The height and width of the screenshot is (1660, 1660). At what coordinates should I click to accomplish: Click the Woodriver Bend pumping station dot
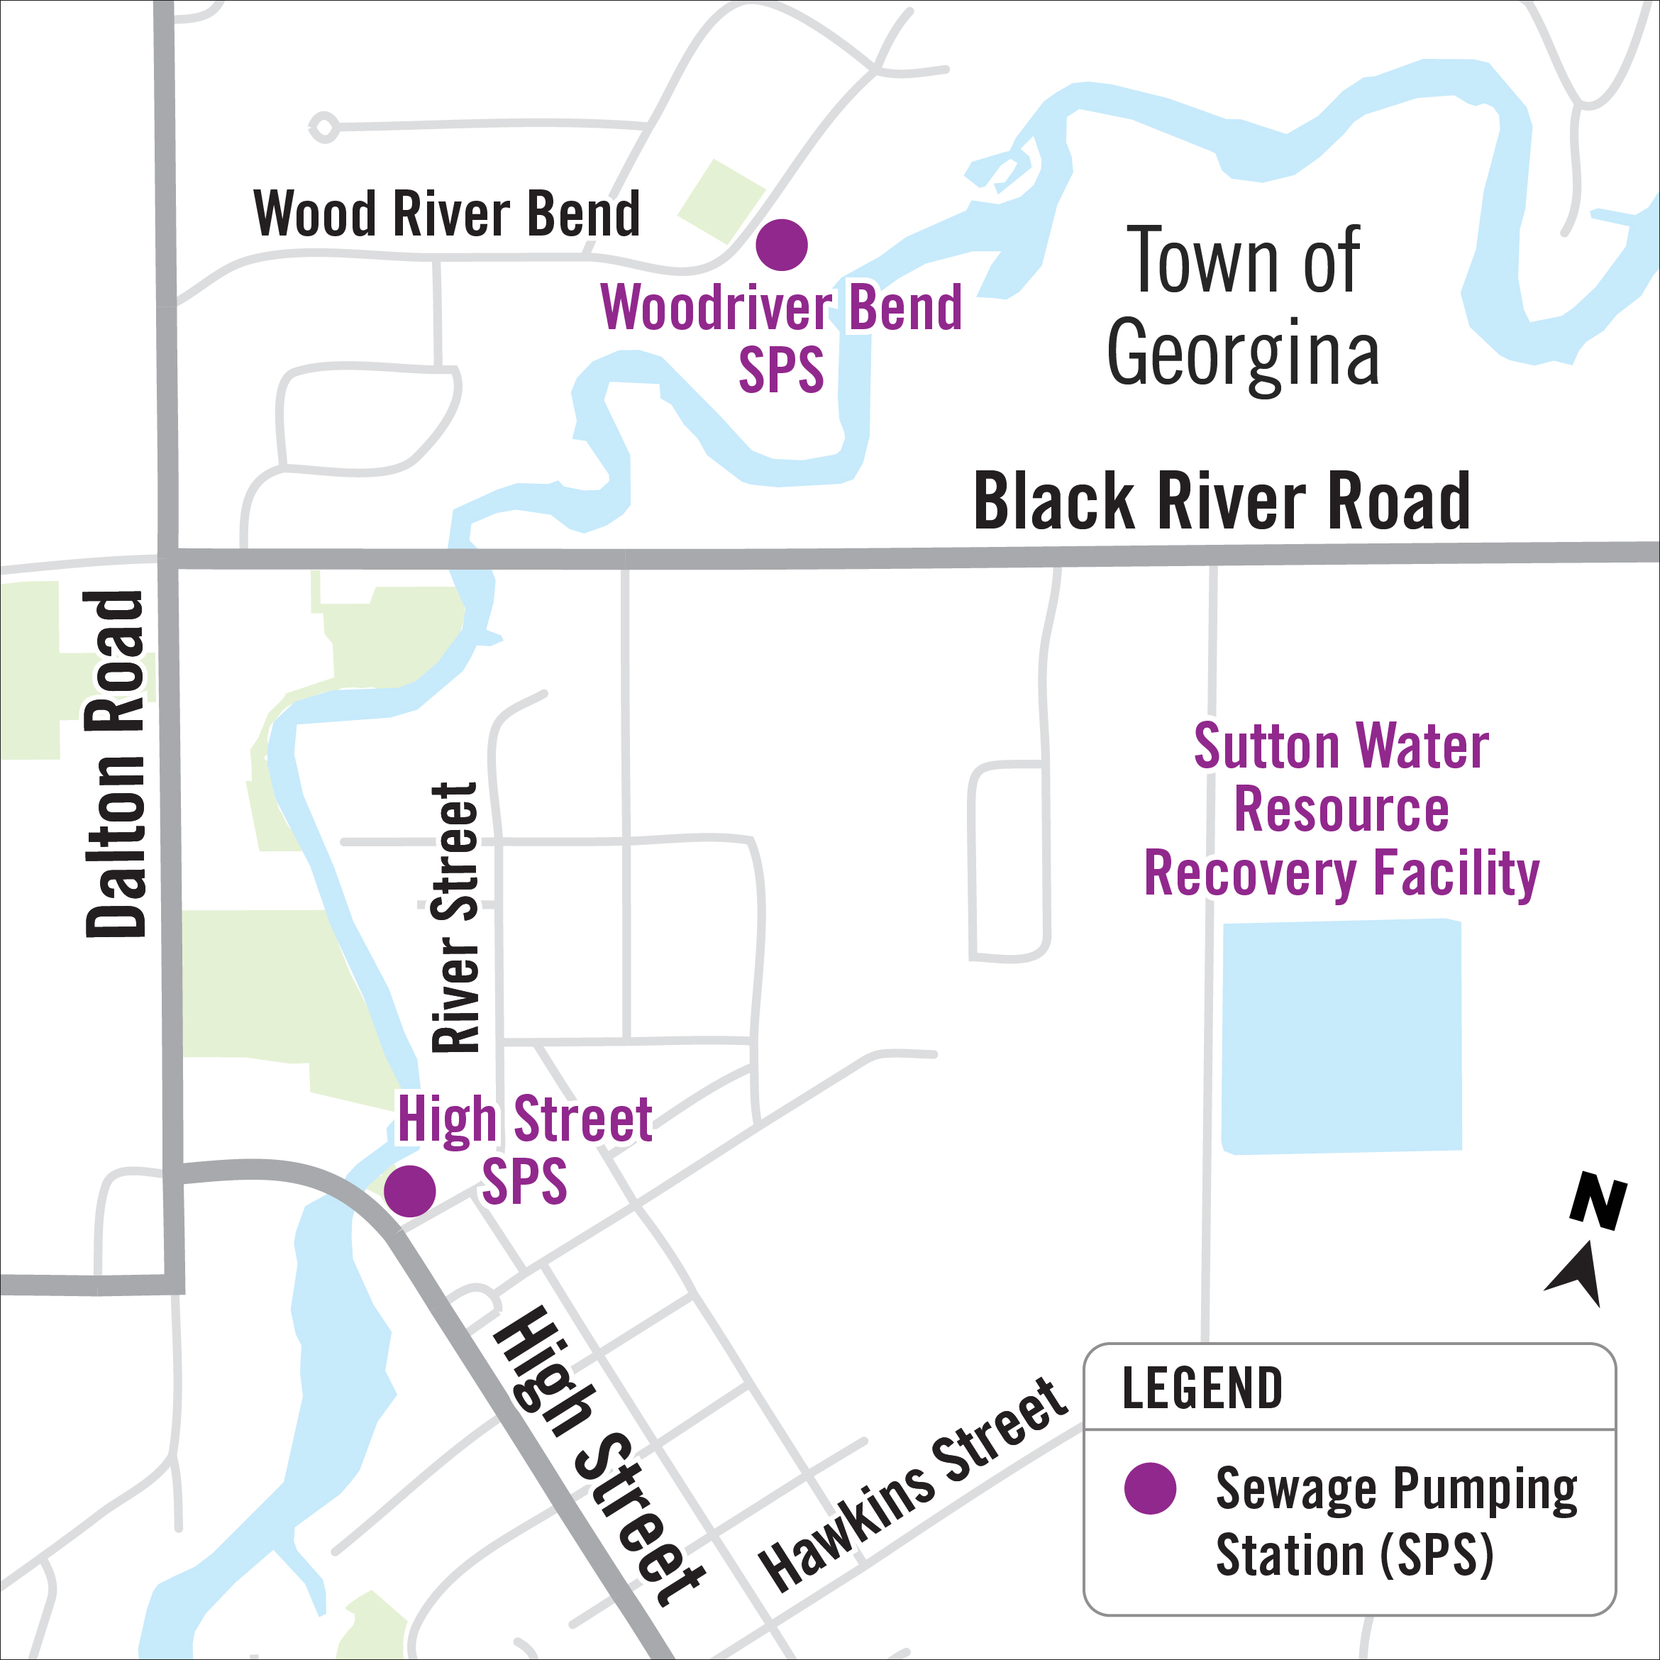coord(781,245)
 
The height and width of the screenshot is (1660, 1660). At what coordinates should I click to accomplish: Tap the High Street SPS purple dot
coord(410,1191)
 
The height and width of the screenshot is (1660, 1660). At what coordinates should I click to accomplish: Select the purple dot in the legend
coord(1150,1488)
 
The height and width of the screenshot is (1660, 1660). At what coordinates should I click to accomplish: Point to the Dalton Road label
coord(116,764)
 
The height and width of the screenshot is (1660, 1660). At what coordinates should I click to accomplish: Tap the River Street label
coord(455,918)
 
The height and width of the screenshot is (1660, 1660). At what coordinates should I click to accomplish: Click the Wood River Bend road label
coord(447,214)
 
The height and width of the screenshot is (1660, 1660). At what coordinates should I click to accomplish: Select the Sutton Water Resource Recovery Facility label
coord(1341,809)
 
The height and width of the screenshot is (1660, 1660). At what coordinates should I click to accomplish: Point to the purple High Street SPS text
coord(524,1150)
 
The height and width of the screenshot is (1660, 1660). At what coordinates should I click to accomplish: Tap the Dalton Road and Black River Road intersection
coord(168,558)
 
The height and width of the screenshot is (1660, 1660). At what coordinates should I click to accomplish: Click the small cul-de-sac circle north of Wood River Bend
coord(323,128)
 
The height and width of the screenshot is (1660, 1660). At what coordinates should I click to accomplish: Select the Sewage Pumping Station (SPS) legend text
coord(1395,1521)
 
